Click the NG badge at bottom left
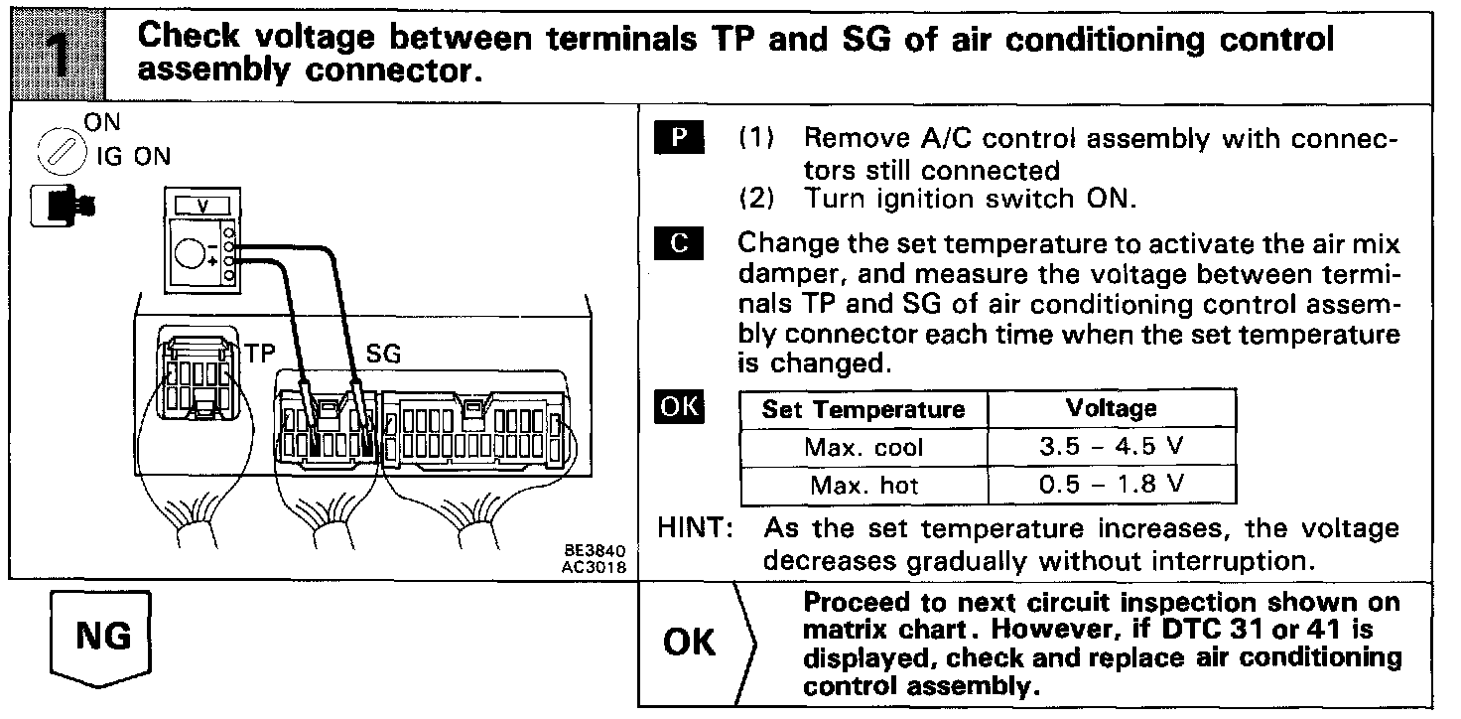tap(103, 635)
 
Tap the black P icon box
tap(680, 137)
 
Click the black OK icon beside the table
tap(680, 407)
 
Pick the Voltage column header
tap(1111, 408)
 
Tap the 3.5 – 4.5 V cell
tap(1111, 447)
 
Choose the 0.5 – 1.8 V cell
tap(1111, 486)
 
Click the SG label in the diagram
tap(384, 353)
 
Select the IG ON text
tap(133, 156)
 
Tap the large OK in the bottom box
tap(690, 642)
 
